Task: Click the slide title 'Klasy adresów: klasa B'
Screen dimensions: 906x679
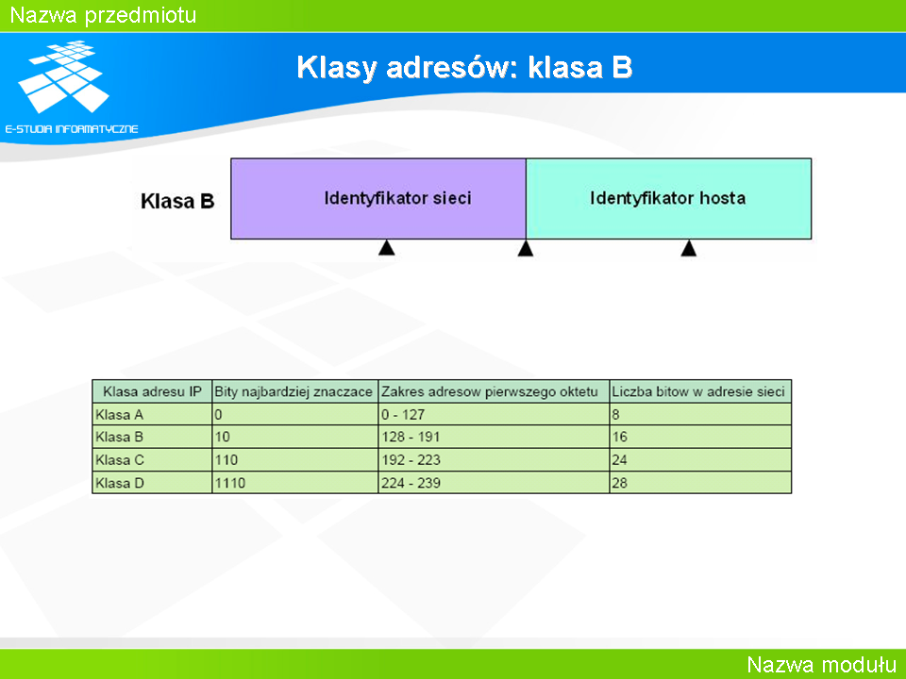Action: [464, 68]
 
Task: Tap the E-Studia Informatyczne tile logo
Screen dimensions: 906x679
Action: [63, 76]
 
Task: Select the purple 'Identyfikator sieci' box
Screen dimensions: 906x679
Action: [378, 199]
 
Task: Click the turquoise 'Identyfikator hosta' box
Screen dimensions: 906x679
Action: [668, 199]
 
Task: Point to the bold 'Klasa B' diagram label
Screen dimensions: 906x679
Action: [177, 201]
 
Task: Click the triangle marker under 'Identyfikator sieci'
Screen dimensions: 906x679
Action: [387, 248]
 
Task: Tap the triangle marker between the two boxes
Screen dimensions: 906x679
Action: [526, 248]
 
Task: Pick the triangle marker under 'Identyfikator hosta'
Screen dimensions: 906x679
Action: [688, 248]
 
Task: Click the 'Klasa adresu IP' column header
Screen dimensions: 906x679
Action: [152, 391]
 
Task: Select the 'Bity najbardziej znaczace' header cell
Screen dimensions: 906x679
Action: [294, 391]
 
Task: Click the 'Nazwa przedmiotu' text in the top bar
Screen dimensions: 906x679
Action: [104, 15]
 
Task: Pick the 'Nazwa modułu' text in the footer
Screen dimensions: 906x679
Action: [822, 665]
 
